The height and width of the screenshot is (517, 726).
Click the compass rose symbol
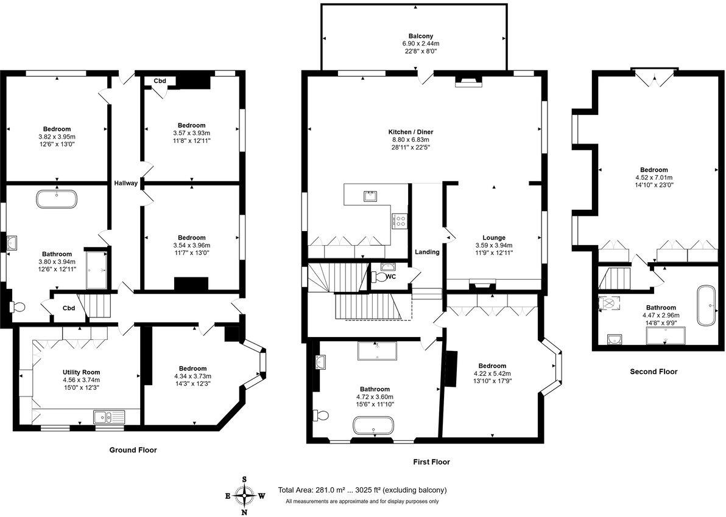(x=244, y=496)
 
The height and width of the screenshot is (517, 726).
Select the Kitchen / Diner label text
(x=411, y=131)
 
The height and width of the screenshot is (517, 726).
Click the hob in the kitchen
(x=400, y=220)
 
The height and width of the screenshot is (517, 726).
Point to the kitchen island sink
(x=369, y=196)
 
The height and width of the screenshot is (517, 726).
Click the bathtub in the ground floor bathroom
(x=57, y=199)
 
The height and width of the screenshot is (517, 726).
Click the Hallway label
(x=125, y=183)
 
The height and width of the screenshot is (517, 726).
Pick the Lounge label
(x=494, y=238)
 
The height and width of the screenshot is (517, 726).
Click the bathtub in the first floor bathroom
(x=374, y=425)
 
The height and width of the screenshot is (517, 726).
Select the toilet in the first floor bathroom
(x=321, y=415)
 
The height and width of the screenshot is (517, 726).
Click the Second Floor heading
(x=653, y=372)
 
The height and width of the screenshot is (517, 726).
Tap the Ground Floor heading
(x=133, y=450)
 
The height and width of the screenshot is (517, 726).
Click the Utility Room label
(x=81, y=372)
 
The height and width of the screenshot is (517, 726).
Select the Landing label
(x=427, y=252)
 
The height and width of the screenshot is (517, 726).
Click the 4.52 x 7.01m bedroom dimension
(x=654, y=178)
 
